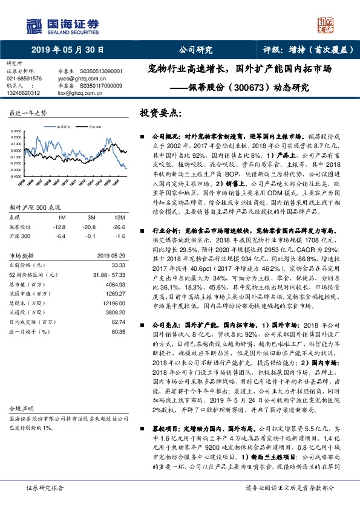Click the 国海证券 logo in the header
(61, 25)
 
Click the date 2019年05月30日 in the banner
(67, 50)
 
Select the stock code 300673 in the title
(249, 86)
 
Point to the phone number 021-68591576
(24, 79)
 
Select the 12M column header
(119, 216)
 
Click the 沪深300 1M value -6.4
(59, 236)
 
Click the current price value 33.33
(118, 264)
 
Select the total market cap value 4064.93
(115, 284)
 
